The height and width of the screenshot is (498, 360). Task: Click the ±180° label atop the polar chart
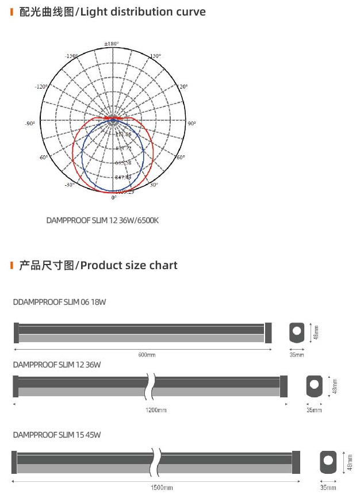[x=111, y=44]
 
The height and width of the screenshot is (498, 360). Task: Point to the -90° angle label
[x=30, y=124]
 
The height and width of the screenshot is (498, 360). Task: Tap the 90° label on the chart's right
[x=192, y=124]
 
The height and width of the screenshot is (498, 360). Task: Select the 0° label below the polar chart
[x=114, y=197]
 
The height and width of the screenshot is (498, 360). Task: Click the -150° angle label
[x=72, y=56]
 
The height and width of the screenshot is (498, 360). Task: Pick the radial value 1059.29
[x=124, y=191]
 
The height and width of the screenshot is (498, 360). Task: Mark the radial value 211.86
[x=123, y=135]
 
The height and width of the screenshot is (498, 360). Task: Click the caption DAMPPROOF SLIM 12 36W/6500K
[x=102, y=220]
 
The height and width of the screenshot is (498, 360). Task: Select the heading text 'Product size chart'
[x=129, y=265]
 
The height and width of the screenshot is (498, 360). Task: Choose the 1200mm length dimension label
[x=156, y=410]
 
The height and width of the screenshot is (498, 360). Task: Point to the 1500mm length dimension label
[x=162, y=488]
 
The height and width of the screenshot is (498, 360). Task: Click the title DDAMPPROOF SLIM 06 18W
[x=59, y=301]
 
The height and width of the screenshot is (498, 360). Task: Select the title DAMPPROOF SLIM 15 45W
[x=57, y=435]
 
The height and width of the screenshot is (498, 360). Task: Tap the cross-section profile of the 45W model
[x=328, y=462]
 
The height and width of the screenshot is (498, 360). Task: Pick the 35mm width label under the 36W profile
[x=314, y=410]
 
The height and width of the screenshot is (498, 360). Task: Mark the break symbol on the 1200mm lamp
[x=151, y=386]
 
